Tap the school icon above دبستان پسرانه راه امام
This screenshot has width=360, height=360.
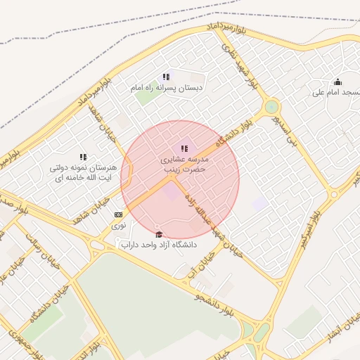[166, 77]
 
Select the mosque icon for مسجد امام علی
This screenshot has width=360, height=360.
[337, 82]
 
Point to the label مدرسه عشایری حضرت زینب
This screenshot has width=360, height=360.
[184, 165]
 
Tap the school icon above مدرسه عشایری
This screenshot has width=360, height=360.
[184, 148]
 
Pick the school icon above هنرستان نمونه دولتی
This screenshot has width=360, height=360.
[83, 157]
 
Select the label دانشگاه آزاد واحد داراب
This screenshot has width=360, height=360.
[159, 245]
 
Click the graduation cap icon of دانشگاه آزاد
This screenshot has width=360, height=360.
[159, 235]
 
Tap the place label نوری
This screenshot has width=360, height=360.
[119, 226]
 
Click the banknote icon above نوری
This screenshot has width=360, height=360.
[118, 215]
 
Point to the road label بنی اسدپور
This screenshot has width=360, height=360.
[293, 133]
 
